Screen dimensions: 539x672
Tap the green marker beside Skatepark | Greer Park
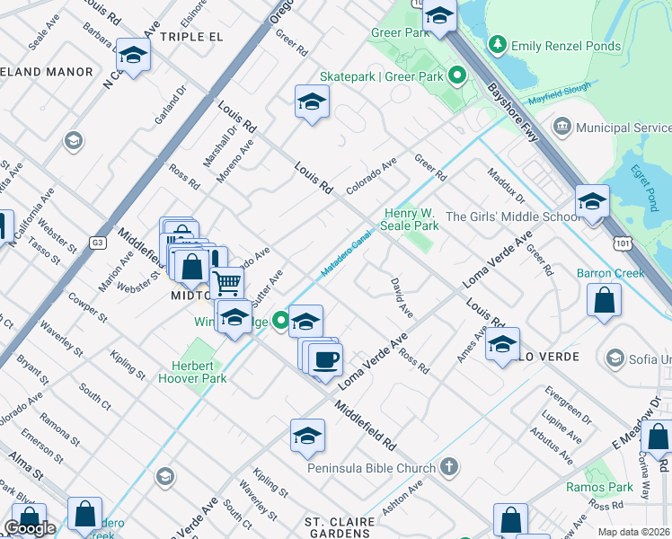(456, 76)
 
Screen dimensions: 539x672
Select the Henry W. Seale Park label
(411, 220)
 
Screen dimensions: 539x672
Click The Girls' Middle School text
(513, 216)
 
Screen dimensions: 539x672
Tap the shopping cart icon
(227, 284)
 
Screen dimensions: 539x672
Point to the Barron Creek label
(636, 273)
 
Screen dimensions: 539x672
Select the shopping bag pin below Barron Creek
(605, 301)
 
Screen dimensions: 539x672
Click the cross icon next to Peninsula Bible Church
(448, 467)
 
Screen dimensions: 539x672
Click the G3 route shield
(97, 243)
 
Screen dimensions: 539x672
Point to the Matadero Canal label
(346, 254)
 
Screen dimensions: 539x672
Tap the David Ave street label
(402, 298)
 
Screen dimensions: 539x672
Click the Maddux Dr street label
(505, 184)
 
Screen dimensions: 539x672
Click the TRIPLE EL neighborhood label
(190, 37)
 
